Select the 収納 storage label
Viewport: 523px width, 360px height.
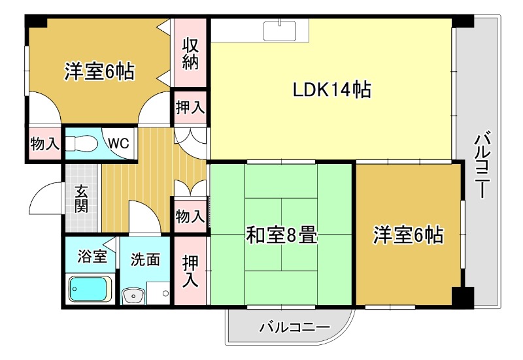(190, 55)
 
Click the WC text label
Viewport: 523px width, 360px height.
(117, 143)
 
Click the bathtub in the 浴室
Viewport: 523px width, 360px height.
(90, 288)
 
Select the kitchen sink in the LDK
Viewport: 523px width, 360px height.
(281, 30)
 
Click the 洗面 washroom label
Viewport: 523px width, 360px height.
(144, 259)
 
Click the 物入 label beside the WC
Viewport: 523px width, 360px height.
(45, 144)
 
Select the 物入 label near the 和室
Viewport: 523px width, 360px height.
(190, 216)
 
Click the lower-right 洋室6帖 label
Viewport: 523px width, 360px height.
(408, 235)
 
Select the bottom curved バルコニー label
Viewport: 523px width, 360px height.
(294, 327)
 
